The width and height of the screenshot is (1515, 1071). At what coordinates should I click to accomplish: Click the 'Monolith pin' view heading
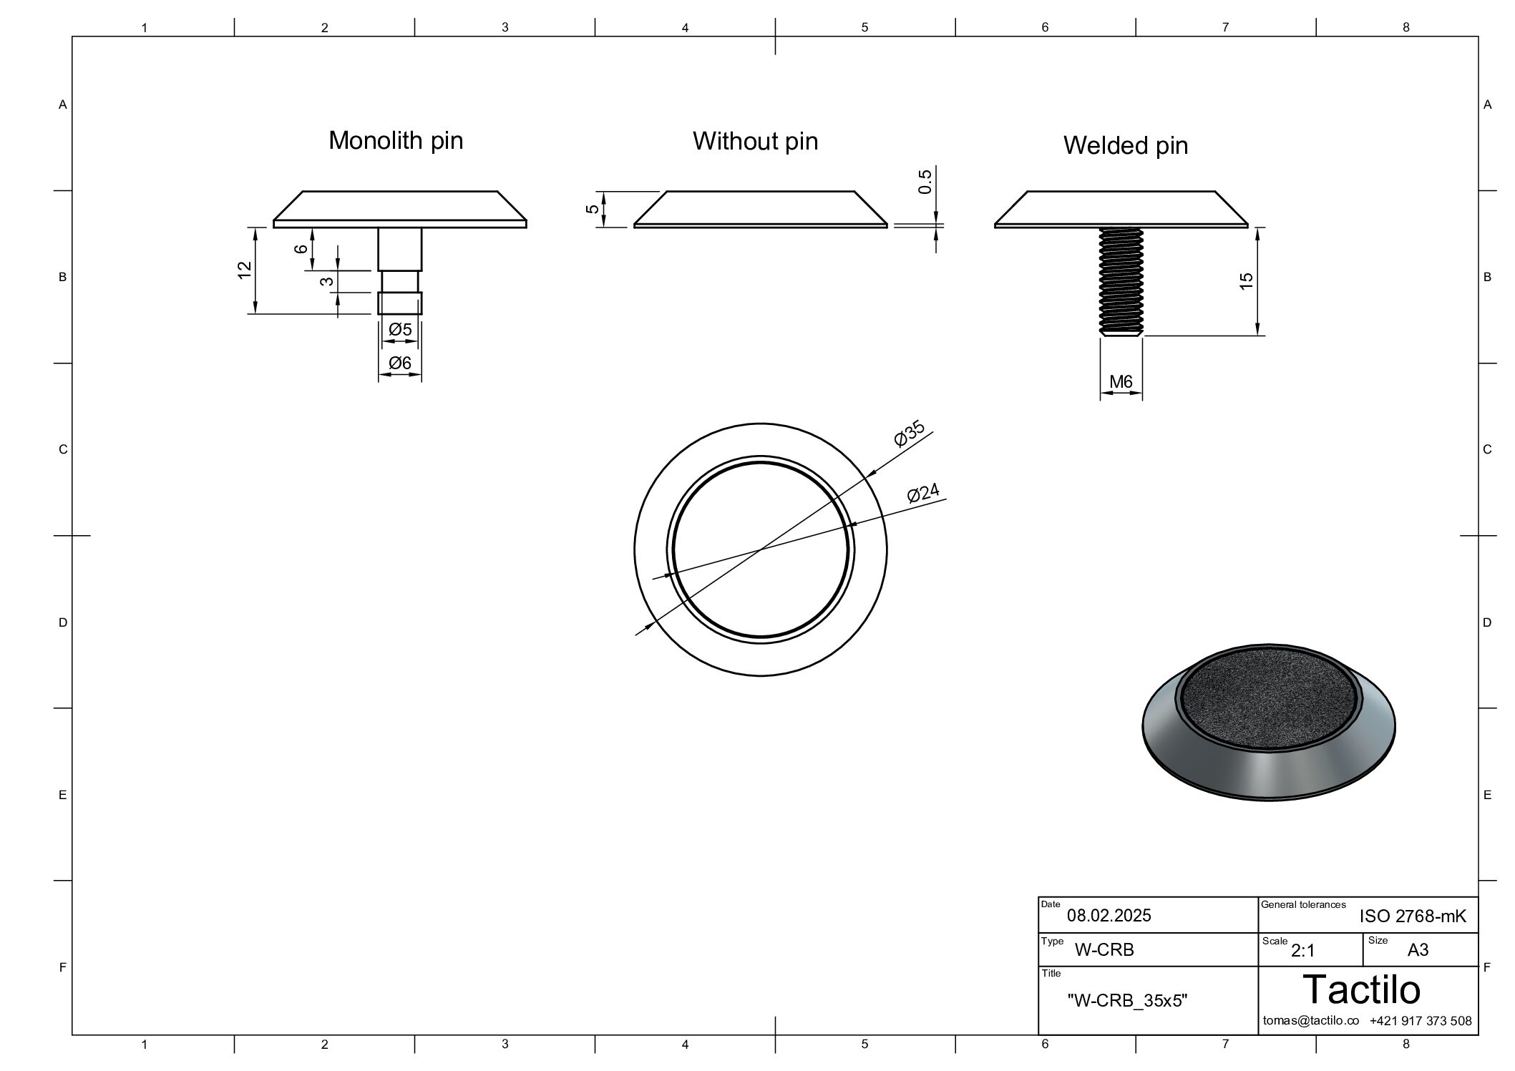pos(396,141)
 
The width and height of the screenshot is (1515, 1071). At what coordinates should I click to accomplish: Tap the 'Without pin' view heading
pos(755,141)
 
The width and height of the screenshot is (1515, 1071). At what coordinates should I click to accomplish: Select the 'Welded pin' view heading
pos(1126,146)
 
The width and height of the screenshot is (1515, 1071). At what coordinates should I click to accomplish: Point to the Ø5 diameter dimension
pos(400,330)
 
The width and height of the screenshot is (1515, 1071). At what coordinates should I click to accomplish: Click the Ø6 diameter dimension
pos(400,363)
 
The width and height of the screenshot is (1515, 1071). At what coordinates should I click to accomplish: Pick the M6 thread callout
pos(1121,382)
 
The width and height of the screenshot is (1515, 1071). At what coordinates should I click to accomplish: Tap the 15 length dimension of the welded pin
pos(1247,281)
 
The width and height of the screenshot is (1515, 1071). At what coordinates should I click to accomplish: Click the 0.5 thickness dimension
pos(925,182)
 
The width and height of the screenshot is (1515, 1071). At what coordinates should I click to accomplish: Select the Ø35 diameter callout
pos(910,434)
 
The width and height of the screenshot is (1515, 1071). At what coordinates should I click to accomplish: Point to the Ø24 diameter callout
pos(923,494)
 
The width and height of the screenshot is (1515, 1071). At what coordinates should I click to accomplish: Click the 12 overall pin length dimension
pos(245,270)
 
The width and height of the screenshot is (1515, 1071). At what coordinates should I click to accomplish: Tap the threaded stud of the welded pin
pos(1121,282)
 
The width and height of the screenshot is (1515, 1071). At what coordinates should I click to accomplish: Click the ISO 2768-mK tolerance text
pos(1413,916)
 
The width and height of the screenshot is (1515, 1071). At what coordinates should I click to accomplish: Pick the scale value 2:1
pos(1302,951)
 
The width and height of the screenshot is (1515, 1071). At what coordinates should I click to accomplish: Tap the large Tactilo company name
pos(1362,989)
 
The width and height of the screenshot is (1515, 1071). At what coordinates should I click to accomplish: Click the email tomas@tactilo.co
pos(1310,1021)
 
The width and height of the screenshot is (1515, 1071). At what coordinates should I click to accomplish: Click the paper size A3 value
pos(1418,950)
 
